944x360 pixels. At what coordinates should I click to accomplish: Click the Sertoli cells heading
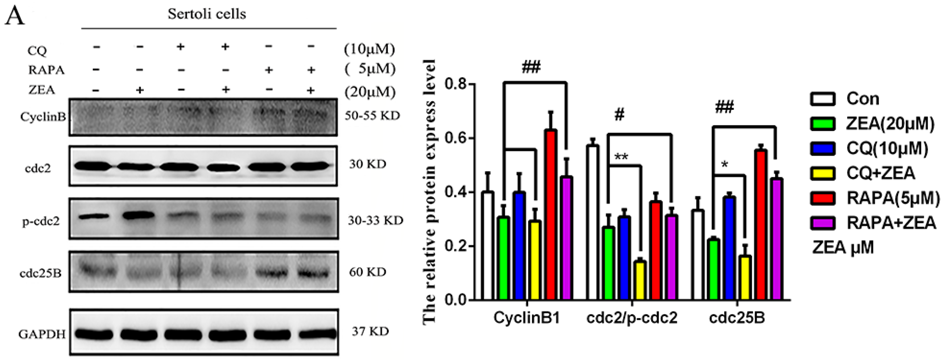tap(207, 14)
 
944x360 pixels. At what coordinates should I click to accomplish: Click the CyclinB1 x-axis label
tap(527, 318)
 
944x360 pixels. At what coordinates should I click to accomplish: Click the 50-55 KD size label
tap(372, 116)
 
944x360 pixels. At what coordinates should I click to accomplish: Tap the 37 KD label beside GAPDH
tap(370, 331)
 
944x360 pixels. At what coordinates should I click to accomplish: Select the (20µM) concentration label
tap(370, 92)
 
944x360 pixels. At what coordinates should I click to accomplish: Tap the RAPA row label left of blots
tap(46, 70)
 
